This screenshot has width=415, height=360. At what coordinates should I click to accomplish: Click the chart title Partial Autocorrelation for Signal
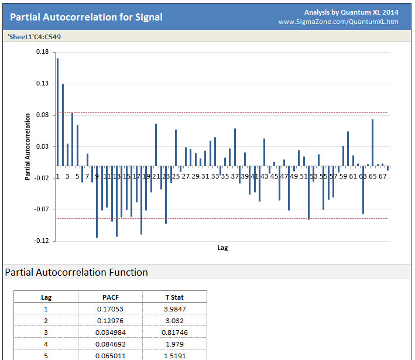coord(86,17)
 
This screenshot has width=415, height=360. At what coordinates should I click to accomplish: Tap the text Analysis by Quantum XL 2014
coord(351,12)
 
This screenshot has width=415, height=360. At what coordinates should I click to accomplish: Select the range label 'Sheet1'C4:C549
coord(35,36)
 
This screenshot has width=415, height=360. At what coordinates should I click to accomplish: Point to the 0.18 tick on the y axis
coord(42,52)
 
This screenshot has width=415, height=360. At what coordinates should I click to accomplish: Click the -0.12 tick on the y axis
coord(40,241)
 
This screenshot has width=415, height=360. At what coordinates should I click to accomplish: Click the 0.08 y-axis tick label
coord(42,115)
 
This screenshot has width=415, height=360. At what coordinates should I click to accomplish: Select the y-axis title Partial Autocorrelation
coord(28,146)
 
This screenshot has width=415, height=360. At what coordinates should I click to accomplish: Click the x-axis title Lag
coord(222,248)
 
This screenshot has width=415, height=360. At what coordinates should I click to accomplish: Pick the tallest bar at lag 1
coord(57,112)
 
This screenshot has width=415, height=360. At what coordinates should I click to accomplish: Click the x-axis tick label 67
coord(382,176)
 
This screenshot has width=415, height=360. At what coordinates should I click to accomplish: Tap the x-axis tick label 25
coord(176,176)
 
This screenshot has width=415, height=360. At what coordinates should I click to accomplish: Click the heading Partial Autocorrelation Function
coord(76,272)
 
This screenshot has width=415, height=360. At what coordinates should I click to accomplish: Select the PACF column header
coord(110,297)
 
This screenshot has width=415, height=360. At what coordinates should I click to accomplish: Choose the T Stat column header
coord(175,297)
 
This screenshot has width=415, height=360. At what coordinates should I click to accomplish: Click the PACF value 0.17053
coord(110,308)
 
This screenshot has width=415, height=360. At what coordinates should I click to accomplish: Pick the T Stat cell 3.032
coord(175,320)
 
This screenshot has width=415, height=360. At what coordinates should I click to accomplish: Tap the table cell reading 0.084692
coord(110,344)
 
